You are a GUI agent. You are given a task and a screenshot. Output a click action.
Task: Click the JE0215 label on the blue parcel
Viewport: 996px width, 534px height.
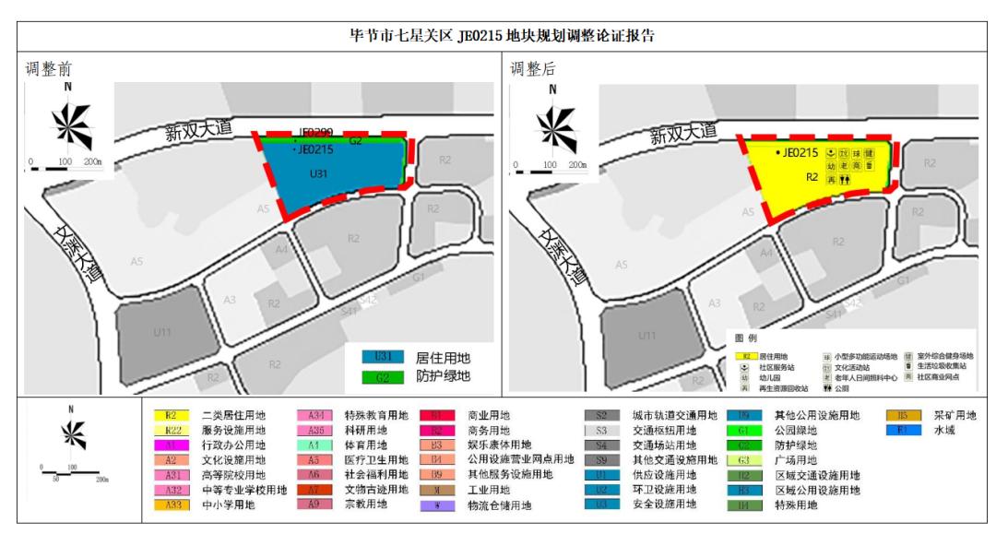(x=316, y=149)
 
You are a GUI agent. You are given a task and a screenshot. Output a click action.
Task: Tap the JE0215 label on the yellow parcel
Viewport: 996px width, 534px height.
(x=799, y=152)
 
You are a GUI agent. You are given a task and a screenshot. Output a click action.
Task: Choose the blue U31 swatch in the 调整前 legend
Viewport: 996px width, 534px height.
(x=384, y=356)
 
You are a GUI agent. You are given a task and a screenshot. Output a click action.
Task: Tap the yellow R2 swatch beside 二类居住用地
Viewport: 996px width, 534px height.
(x=168, y=416)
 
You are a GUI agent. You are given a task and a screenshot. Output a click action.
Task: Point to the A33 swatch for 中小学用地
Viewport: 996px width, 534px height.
(x=168, y=505)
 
